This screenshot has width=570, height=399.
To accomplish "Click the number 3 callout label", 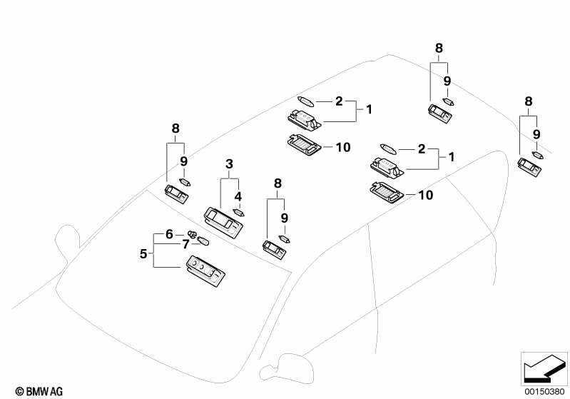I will (229, 164).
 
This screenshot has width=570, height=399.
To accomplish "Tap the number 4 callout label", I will (238, 196).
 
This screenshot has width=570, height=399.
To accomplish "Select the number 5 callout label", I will (143, 253).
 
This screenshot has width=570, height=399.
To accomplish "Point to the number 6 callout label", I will (169, 233).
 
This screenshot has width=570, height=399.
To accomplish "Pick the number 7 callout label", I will (185, 244).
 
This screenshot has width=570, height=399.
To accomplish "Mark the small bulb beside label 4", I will (239, 211).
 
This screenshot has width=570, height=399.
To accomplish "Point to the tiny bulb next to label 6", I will (191, 233).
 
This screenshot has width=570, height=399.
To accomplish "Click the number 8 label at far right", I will (529, 102).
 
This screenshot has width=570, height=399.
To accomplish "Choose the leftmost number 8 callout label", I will (175, 128).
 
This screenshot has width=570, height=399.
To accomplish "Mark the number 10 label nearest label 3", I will (343, 147).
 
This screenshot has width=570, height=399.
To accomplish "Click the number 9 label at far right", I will (536, 133).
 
